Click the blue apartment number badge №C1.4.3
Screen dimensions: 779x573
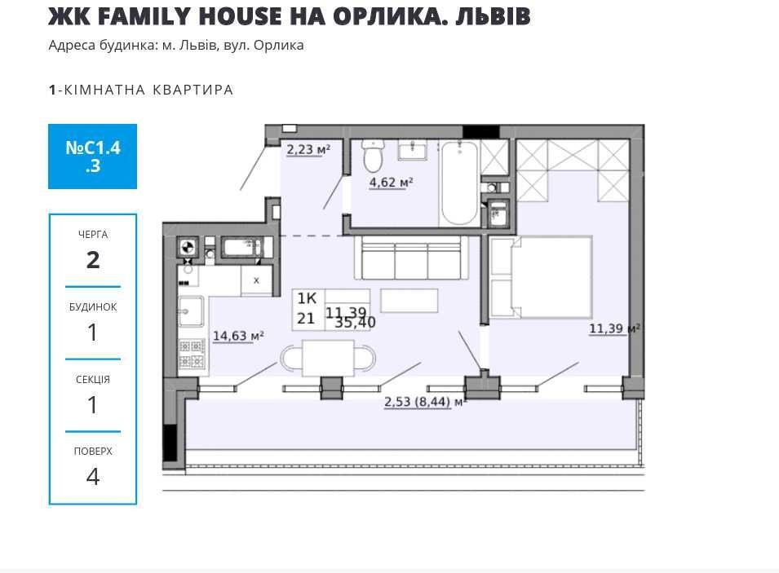[92, 156]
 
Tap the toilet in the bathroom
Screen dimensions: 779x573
[373, 156]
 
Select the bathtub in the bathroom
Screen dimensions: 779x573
[459, 183]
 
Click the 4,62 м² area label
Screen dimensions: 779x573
[391, 183]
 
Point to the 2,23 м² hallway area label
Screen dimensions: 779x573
[308, 149]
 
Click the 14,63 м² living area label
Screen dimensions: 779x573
[238, 336]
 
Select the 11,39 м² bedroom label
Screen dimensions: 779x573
[614, 328]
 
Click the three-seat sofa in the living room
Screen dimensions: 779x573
[411, 258]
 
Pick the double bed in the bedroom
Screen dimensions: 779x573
[541, 276]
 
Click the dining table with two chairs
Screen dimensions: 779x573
[328, 358]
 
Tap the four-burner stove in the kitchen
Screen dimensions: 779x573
[192, 354]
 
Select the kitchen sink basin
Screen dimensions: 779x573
[191, 311]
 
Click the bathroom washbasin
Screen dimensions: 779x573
[412, 149]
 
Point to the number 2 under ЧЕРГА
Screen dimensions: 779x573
[93, 260]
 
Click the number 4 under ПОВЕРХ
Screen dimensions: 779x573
[93, 477]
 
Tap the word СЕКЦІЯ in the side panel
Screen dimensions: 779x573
[93, 380]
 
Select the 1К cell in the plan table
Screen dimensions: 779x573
[307, 298]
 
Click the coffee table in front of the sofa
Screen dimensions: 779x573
[409, 301]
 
